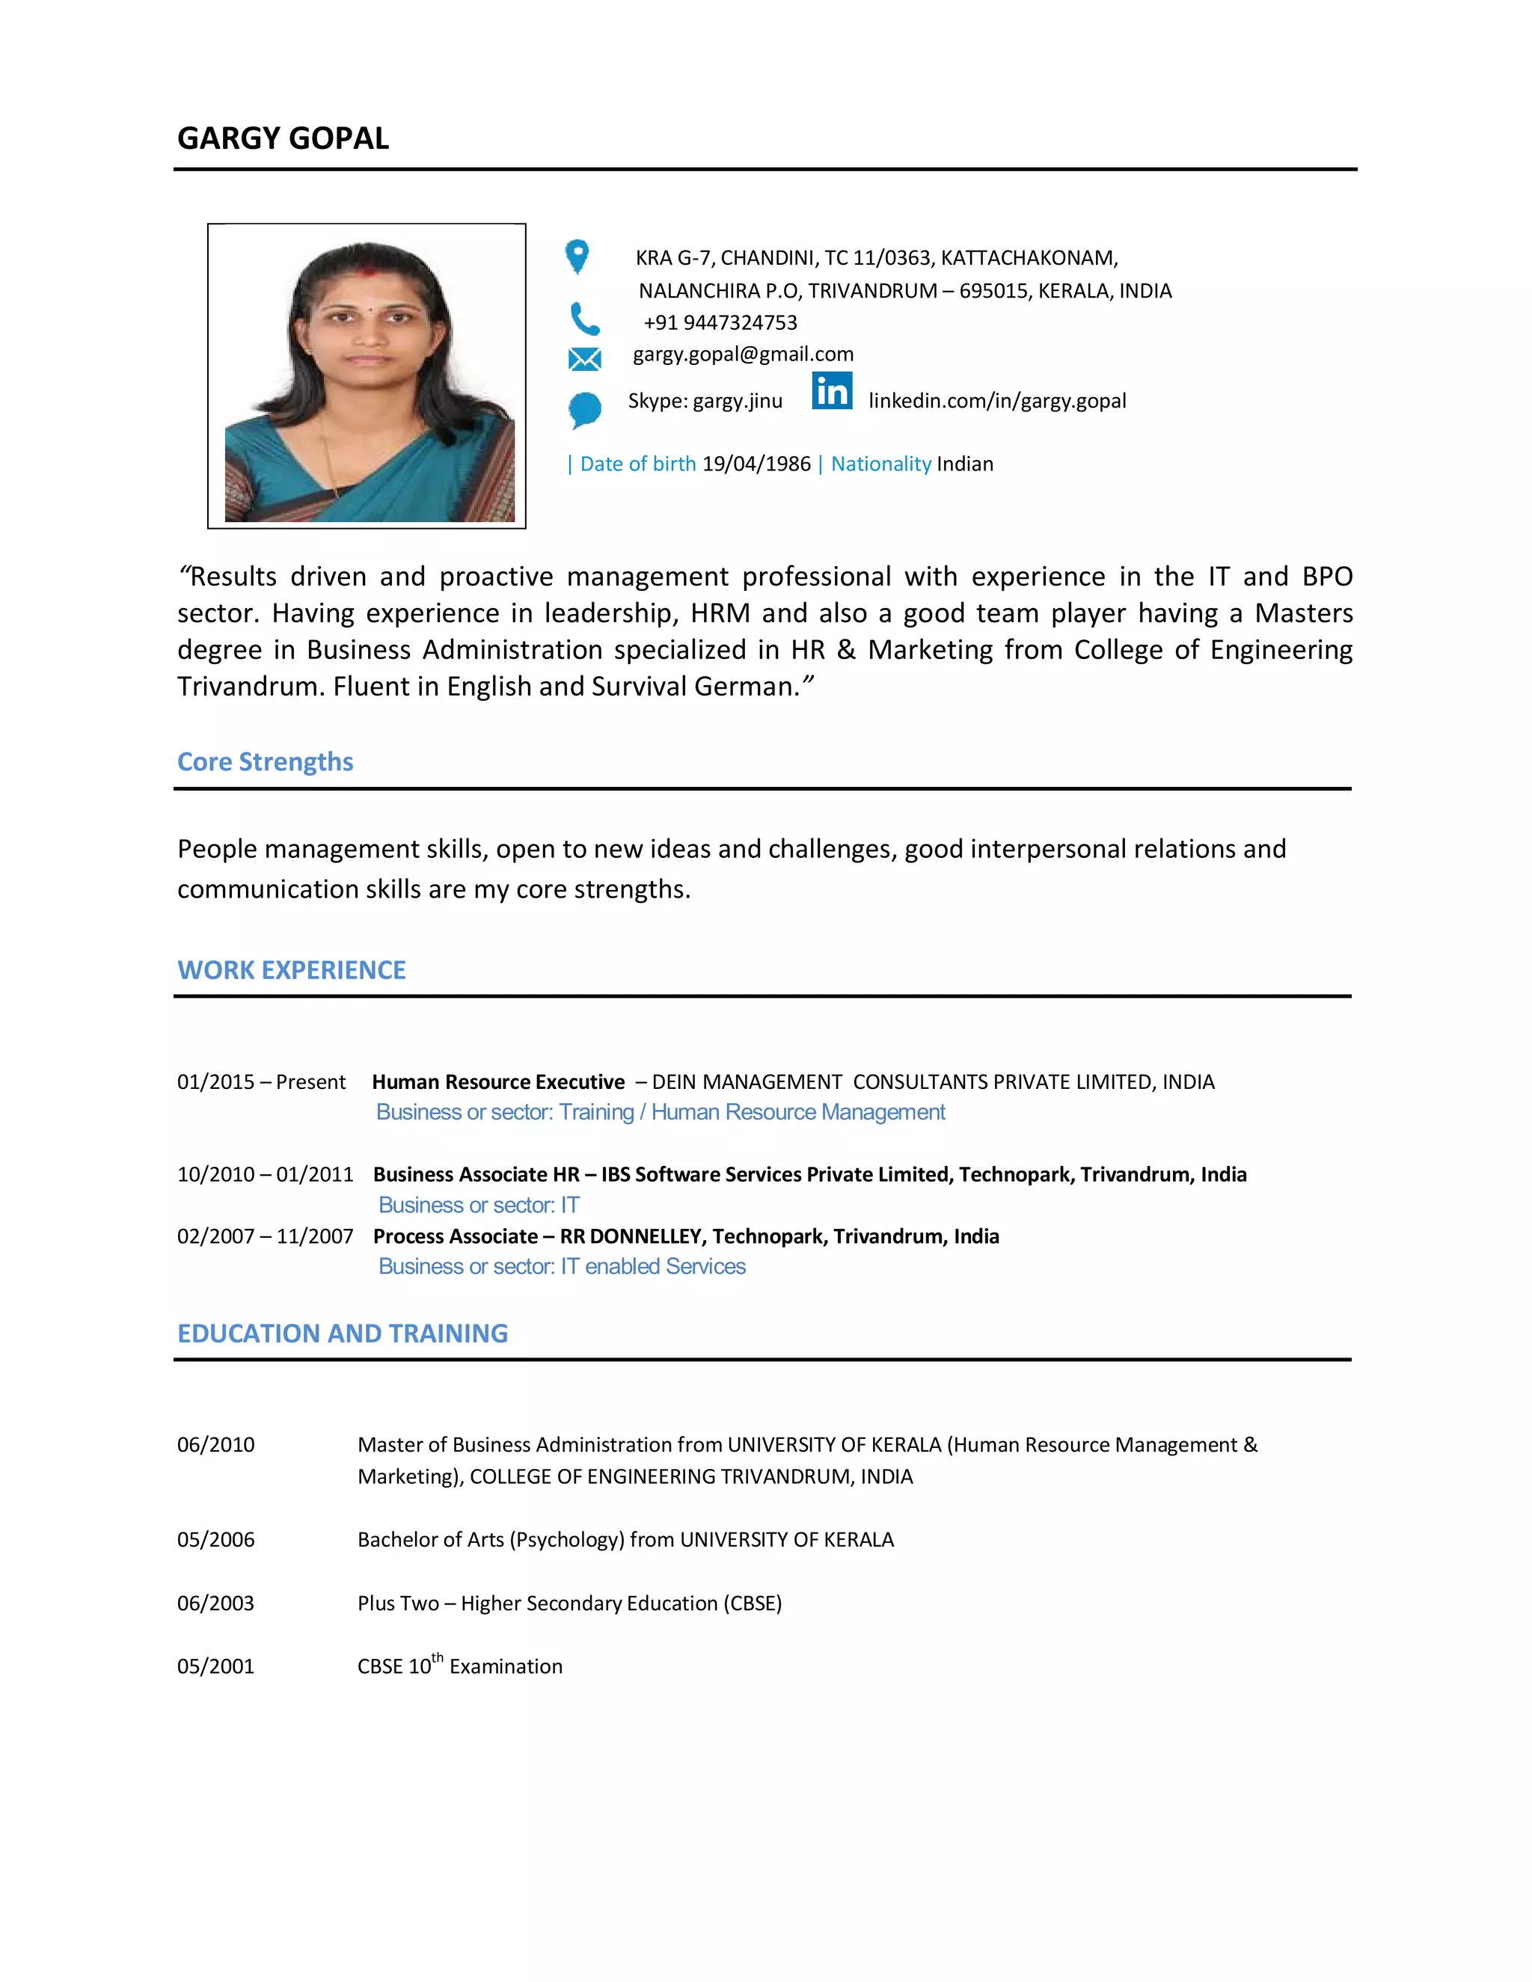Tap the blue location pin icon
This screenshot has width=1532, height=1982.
pyautogui.click(x=576, y=256)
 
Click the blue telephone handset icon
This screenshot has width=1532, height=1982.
pyautogui.click(x=583, y=319)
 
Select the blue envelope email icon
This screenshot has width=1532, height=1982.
pyautogui.click(x=584, y=359)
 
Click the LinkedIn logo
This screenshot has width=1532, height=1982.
pyautogui.click(x=831, y=390)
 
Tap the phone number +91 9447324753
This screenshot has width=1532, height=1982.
pyautogui.click(x=720, y=322)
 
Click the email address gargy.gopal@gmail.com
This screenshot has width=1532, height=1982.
pyautogui.click(x=742, y=354)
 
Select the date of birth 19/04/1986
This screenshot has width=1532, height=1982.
pyautogui.click(x=756, y=464)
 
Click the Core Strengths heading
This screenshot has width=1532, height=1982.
pyautogui.click(x=265, y=761)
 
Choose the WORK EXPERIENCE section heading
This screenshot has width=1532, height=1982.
pyautogui.click(x=291, y=970)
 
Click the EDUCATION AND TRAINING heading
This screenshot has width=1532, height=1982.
pyautogui.click(x=342, y=1333)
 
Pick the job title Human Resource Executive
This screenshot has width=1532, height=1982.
pyautogui.click(x=498, y=1081)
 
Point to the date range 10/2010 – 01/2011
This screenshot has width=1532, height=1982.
pyautogui.click(x=265, y=1174)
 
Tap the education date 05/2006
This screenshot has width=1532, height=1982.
pyautogui.click(x=216, y=1539)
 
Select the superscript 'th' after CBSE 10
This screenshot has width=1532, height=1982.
pyautogui.click(x=438, y=1657)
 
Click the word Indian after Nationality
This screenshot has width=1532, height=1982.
pyautogui.click(x=965, y=464)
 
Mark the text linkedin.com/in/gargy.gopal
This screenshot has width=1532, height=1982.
pyautogui.click(x=996, y=401)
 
